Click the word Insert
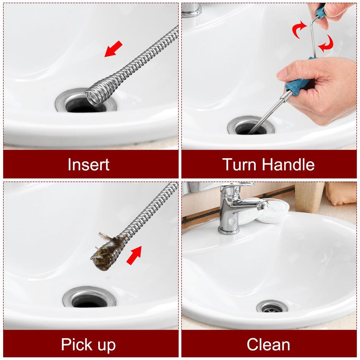(89, 165)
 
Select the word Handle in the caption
(288, 165)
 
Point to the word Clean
(268, 345)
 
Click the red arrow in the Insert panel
(114, 49)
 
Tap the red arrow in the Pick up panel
(134, 255)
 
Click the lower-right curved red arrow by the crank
(326, 44)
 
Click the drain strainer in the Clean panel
(272, 307)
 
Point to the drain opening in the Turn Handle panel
(251, 128)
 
